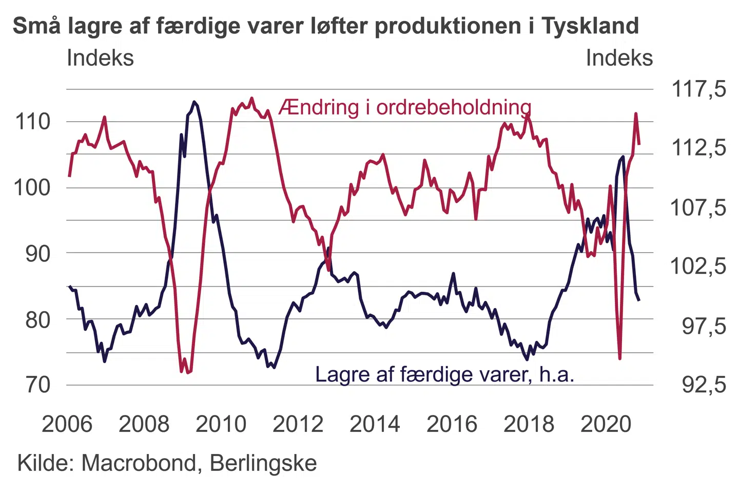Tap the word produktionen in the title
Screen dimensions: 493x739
(x=449, y=26)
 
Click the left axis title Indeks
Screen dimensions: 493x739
(x=100, y=58)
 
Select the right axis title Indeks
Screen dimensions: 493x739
(x=619, y=58)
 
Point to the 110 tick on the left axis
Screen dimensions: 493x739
(x=33, y=122)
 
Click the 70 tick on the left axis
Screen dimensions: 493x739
(x=38, y=385)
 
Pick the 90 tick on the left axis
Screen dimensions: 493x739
(x=38, y=253)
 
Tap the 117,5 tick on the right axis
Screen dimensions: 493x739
(x=698, y=89)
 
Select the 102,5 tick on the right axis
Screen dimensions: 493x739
(x=698, y=266)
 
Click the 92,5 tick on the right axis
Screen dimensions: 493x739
(x=704, y=385)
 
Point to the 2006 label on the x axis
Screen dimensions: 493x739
(x=67, y=424)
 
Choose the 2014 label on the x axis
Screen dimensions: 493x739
(x=375, y=424)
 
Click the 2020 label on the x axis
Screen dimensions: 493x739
(x=606, y=424)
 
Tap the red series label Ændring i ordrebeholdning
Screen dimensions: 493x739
(x=404, y=107)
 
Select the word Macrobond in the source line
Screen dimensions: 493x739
(x=139, y=463)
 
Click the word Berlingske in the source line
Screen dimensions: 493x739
(x=263, y=463)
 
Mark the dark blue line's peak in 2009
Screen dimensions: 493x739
(x=194, y=102)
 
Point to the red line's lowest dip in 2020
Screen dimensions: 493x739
(x=620, y=358)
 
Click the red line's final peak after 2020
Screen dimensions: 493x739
(x=636, y=113)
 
